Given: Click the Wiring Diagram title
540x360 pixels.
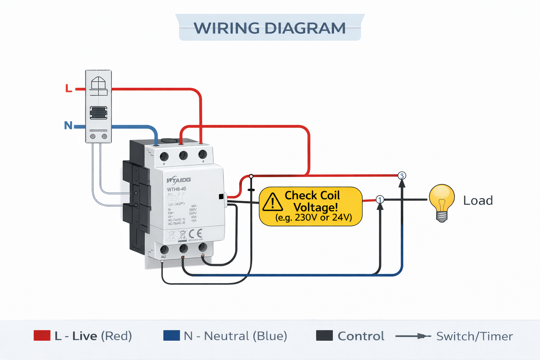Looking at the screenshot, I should click(x=270, y=28).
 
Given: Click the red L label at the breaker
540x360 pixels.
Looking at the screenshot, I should click(x=69, y=88).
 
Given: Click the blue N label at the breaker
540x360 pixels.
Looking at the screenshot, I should click(x=68, y=126).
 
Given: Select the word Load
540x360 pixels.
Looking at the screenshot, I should click(x=478, y=200).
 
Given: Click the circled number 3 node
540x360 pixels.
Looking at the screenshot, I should click(x=402, y=175).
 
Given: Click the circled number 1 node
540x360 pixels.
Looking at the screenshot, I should click(x=380, y=200).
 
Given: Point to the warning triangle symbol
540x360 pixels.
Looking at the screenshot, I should click(x=272, y=202).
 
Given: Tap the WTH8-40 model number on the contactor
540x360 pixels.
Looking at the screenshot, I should click(x=176, y=189).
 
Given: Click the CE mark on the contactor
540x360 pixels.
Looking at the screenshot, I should click(x=195, y=234).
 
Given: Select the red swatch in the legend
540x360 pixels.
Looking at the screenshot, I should click(x=42, y=336).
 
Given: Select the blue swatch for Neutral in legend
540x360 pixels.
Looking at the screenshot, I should click(x=172, y=336).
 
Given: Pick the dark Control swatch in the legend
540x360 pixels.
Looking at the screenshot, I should click(x=324, y=336).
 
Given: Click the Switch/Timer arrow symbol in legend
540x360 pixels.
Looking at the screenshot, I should click(x=413, y=336).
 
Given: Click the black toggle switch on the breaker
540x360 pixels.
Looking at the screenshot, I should click(x=98, y=113).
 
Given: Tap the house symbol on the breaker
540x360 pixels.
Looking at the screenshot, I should click(x=98, y=83).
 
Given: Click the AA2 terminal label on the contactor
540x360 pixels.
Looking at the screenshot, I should click(x=163, y=257).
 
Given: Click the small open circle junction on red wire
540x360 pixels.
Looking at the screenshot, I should click(x=251, y=176).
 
